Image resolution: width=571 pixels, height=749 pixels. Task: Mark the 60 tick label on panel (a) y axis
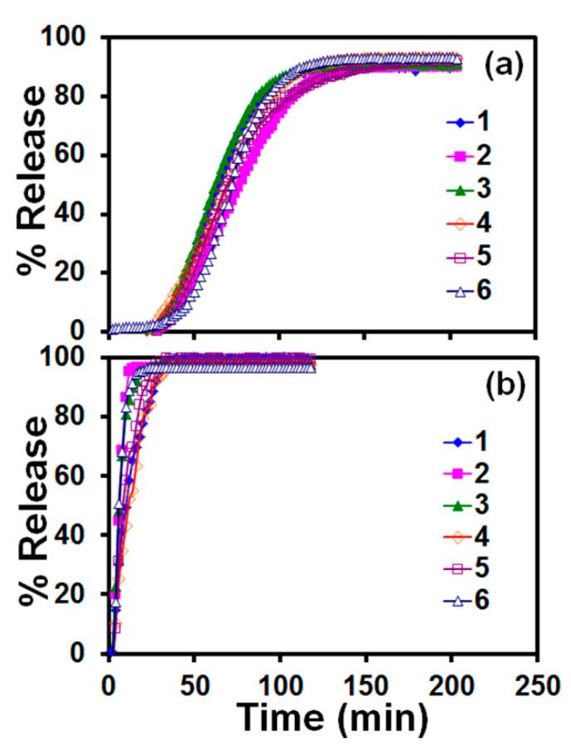click(81, 155)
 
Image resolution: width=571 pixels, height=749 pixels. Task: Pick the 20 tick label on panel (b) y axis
click(81, 594)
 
